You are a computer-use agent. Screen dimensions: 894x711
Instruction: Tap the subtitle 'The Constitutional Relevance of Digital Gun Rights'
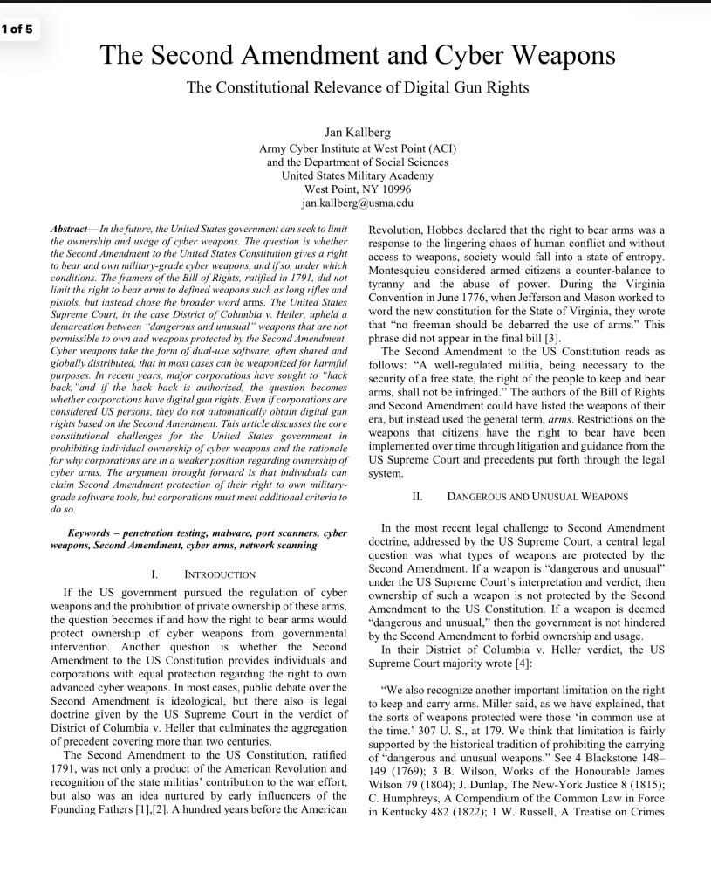pyautogui.click(x=358, y=87)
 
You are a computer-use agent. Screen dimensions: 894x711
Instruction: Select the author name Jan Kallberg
pyautogui.click(x=357, y=133)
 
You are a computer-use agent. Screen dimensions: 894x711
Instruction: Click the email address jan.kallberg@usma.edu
pyautogui.click(x=357, y=203)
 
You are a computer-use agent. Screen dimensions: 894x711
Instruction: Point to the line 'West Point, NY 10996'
pyautogui.click(x=357, y=189)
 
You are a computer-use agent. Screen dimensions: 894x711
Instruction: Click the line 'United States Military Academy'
pyautogui.click(x=357, y=175)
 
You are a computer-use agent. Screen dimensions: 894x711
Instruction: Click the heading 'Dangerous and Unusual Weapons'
pyautogui.click(x=537, y=497)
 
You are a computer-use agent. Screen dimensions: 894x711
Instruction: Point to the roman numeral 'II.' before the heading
pyautogui.click(x=417, y=497)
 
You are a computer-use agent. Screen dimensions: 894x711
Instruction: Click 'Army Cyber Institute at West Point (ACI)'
pyautogui.click(x=357, y=148)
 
